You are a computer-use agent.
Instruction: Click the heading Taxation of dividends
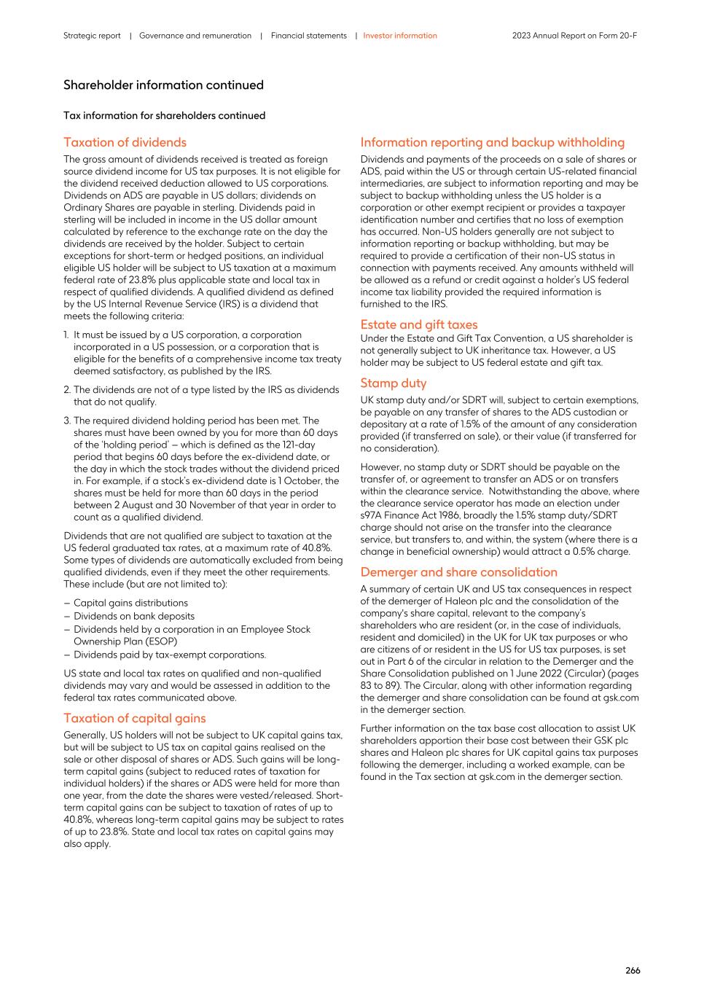[x=125, y=142]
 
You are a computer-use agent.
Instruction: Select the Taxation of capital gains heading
[x=134, y=718]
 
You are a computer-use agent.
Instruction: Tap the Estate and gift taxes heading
[x=418, y=324]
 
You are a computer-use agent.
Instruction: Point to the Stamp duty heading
[x=393, y=383]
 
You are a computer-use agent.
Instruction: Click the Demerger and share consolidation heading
[x=458, y=572]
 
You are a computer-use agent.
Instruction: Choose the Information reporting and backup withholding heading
[x=492, y=142]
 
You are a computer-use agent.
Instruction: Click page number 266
[x=632, y=970]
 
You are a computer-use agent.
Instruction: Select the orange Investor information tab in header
[x=400, y=36]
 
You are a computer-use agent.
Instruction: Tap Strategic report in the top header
[x=92, y=36]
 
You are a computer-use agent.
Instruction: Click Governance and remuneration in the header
[x=195, y=36]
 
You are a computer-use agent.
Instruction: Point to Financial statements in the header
[x=308, y=36]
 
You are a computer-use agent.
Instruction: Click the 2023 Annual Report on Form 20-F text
[x=574, y=36]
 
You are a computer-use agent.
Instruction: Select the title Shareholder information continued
[x=163, y=85]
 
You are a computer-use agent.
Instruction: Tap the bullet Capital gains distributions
[x=130, y=603]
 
